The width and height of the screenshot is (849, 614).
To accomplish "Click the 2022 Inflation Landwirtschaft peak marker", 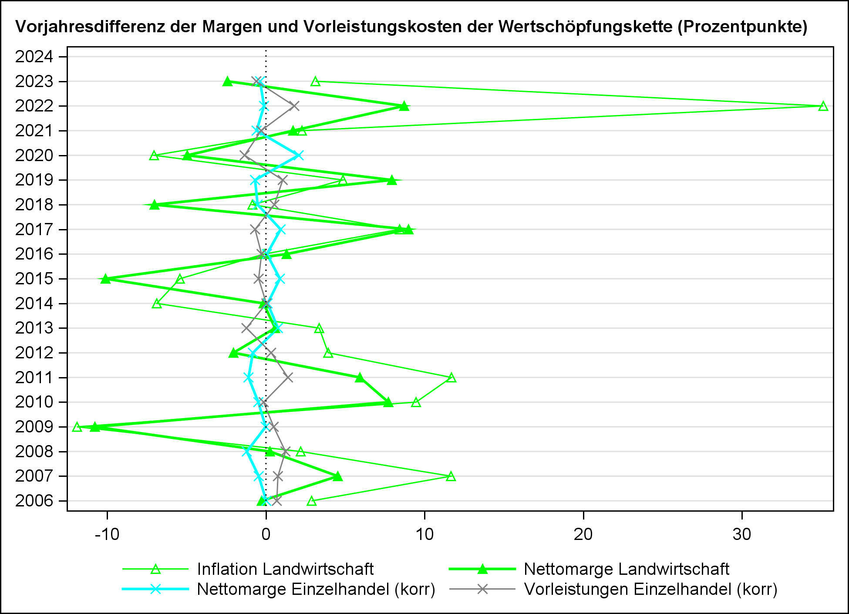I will coord(823,106).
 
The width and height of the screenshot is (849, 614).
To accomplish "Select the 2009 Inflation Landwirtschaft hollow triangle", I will coord(77,427).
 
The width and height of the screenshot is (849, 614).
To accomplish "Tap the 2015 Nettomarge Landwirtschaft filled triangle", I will coord(105,279).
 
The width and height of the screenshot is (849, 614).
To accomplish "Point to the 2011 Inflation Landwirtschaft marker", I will coord(451,378).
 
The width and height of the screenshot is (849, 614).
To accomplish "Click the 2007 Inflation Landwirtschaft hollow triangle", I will coord(451,476).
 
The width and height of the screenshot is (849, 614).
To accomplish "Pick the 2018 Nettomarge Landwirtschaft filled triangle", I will coord(154,205).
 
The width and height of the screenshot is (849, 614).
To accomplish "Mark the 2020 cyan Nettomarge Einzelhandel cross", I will coord(298,155).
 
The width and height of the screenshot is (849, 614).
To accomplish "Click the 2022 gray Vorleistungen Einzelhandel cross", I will coord(295,106).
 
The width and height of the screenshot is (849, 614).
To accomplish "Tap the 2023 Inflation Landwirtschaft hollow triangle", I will coord(316,81).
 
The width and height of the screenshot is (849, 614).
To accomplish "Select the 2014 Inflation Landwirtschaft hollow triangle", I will coord(157,304).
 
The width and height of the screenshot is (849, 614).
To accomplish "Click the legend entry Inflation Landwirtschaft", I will coord(285,569).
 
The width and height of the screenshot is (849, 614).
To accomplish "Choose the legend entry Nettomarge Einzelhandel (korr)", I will coord(316,589).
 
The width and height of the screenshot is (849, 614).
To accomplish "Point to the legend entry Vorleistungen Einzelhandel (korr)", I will coord(650,589).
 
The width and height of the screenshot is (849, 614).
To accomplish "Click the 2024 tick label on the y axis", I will coord(34,57).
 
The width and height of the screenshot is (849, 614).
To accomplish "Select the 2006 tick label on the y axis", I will coord(34,501).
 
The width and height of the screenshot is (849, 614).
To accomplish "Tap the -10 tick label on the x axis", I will coord(107,534).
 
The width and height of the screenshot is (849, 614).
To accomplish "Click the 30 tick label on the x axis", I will coord(742,534).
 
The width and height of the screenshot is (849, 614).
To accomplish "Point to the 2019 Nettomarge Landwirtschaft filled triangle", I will coord(392,180).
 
